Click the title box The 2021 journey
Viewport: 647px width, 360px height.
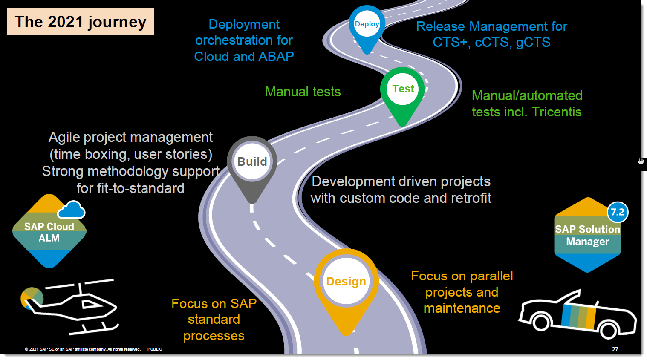point(81,22)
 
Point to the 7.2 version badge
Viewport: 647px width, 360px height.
point(617,212)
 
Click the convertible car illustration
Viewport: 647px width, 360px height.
point(578,315)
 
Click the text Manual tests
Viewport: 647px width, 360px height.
point(303,92)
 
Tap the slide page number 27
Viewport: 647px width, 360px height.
point(615,349)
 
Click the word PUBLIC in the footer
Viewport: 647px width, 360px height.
point(155,349)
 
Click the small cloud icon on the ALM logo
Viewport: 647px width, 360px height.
point(71,210)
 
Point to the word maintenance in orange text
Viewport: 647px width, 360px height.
point(462,308)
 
